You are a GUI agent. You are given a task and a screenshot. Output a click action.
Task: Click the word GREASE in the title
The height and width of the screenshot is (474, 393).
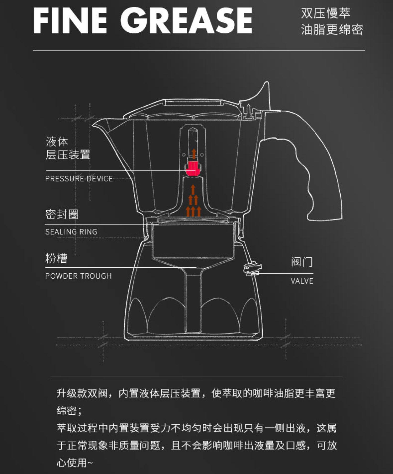pyautogui.click(x=186, y=21)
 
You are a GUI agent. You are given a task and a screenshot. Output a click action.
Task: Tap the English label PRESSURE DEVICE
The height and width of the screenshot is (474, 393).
pyautogui.click(x=79, y=179)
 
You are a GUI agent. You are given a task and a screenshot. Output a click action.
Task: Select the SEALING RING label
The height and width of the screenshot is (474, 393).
pyautogui.click(x=71, y=232)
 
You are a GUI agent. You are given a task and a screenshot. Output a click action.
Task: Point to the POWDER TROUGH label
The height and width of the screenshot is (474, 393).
pyautogui.click(x=78, y=276)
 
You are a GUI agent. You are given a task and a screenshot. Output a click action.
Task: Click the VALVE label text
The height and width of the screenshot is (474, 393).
pyautogui.click(x=302, y=281)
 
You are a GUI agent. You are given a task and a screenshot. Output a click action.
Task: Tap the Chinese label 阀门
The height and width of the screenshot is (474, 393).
pyautogui.click(x=302, y=262)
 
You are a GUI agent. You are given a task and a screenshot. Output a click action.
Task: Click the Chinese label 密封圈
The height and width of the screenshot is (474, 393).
pyautogui.click(x=62, y=214)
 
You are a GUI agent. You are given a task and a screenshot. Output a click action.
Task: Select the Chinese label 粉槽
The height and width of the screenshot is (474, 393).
pyautogui.click(x=56, y=258)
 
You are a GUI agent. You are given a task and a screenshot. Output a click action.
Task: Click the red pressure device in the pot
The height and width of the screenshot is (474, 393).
pyautogui.click(x=193, y=168)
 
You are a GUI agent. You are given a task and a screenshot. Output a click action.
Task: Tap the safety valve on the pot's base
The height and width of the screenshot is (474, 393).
pyautogui.click(x=252, y=269)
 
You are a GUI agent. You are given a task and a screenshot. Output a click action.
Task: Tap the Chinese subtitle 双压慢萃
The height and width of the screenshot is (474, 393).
pyautogui.click(x=325, y=13)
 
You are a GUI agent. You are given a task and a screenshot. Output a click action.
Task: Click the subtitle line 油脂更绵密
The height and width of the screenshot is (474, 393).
pyautogui.click(x=332, y=30)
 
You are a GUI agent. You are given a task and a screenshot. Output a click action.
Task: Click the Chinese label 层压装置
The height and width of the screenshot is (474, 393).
pyautogui.click(x=68, y=155)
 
